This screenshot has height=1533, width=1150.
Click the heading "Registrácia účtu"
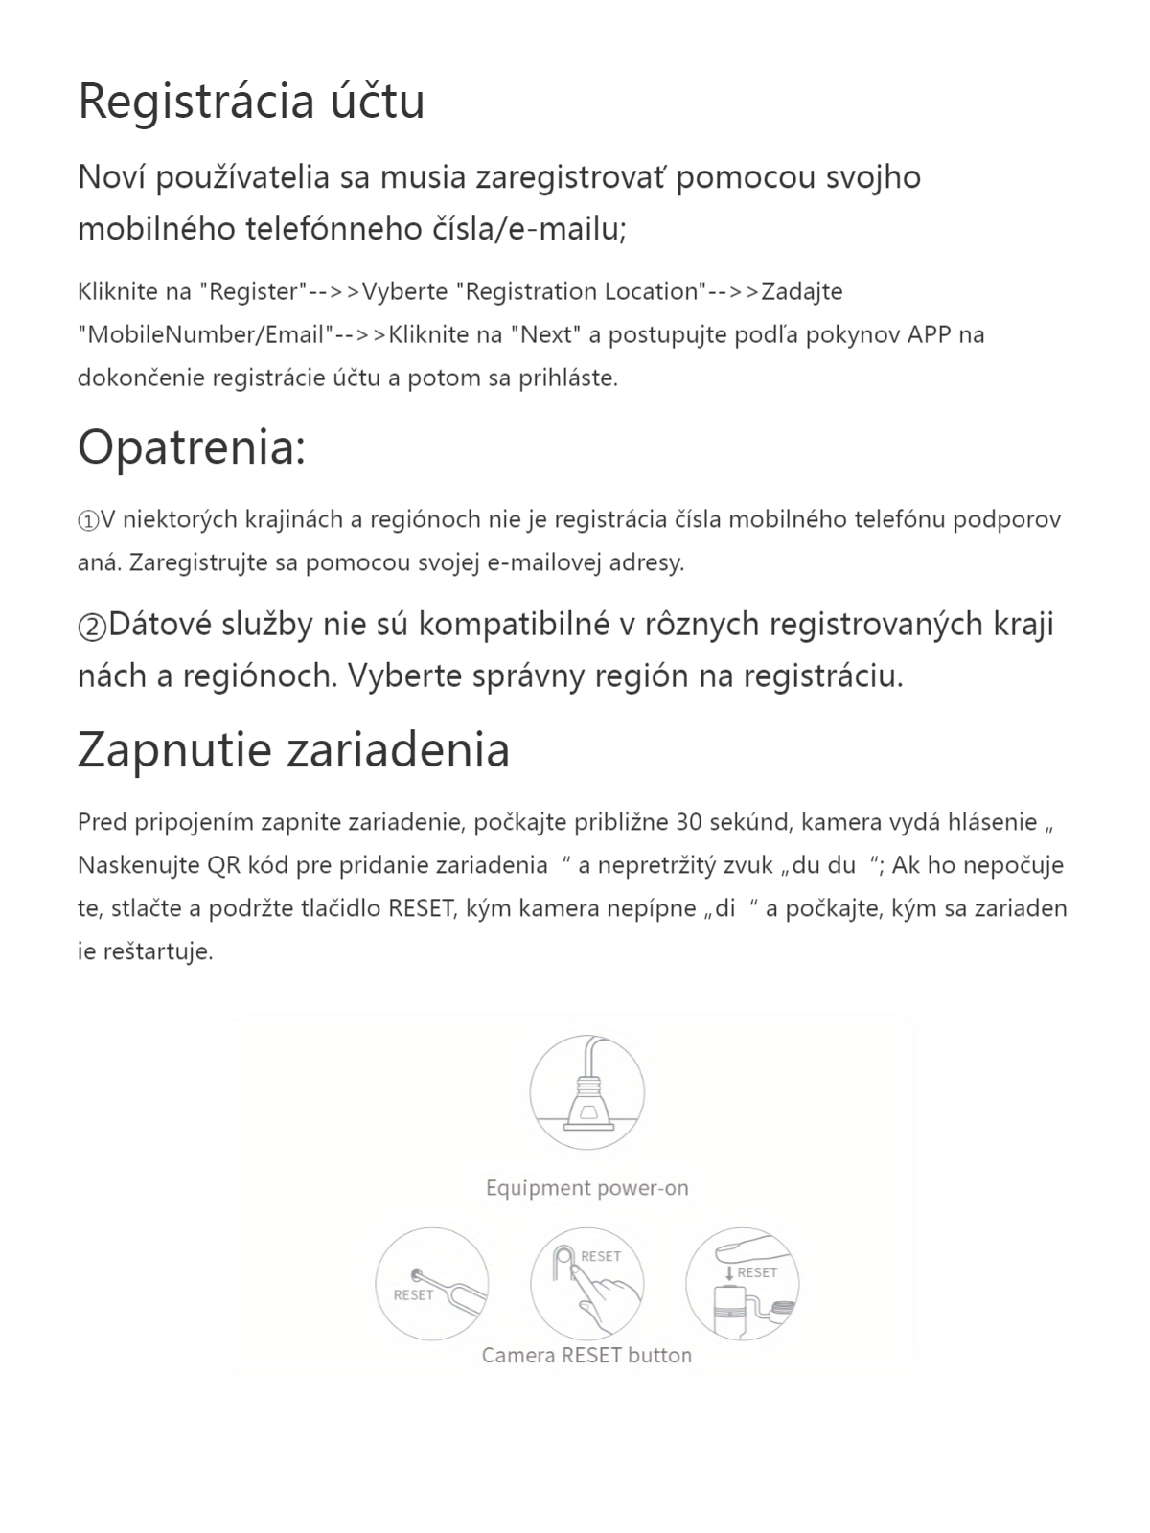point(251,102)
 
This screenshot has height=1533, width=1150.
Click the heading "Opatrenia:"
point(192,446)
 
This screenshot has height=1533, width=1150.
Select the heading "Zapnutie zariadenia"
point(293,749)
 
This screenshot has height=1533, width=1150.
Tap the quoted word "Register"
point(253,291)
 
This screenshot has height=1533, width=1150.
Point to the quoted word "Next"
point(546,334)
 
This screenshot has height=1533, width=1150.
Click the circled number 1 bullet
point(88,520)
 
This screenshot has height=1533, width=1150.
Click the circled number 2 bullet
point(92,626)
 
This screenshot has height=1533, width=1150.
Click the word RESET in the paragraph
point(420,908)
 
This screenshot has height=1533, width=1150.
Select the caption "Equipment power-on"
point(586,1188)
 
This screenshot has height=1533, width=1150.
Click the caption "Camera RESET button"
point(586,1355)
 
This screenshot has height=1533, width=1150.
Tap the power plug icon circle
point(586,1092)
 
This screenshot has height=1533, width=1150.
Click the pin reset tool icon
point(431,1285)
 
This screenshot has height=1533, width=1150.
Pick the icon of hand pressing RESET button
point(586,1285)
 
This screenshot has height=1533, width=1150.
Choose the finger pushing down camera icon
point(743,1285)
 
